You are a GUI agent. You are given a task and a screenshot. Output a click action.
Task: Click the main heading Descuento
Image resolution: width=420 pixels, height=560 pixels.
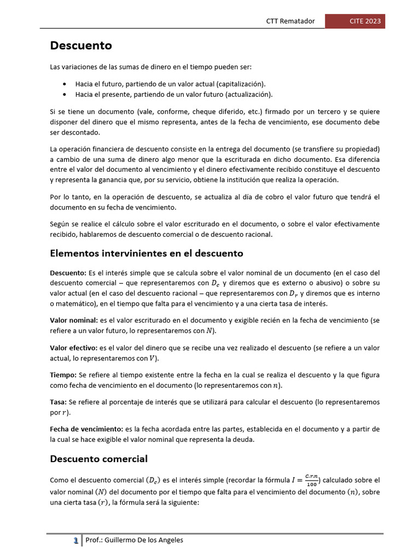81,45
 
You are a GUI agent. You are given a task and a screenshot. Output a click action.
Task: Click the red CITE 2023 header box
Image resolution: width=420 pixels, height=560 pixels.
355,21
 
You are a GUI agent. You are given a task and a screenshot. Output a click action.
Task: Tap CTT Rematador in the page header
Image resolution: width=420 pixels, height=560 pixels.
290,21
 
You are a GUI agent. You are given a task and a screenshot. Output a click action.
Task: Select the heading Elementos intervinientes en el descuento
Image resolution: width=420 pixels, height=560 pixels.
147,253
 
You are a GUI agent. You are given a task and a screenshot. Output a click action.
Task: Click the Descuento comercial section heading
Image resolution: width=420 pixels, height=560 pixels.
99,459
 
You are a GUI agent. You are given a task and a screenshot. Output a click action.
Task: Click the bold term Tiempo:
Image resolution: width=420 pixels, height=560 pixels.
63,375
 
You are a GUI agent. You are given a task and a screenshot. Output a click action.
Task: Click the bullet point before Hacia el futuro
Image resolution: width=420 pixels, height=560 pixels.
65,84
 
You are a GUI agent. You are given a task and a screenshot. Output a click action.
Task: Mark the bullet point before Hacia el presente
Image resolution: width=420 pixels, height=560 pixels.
65,94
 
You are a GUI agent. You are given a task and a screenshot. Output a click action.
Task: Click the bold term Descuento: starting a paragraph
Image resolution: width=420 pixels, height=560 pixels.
68,272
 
